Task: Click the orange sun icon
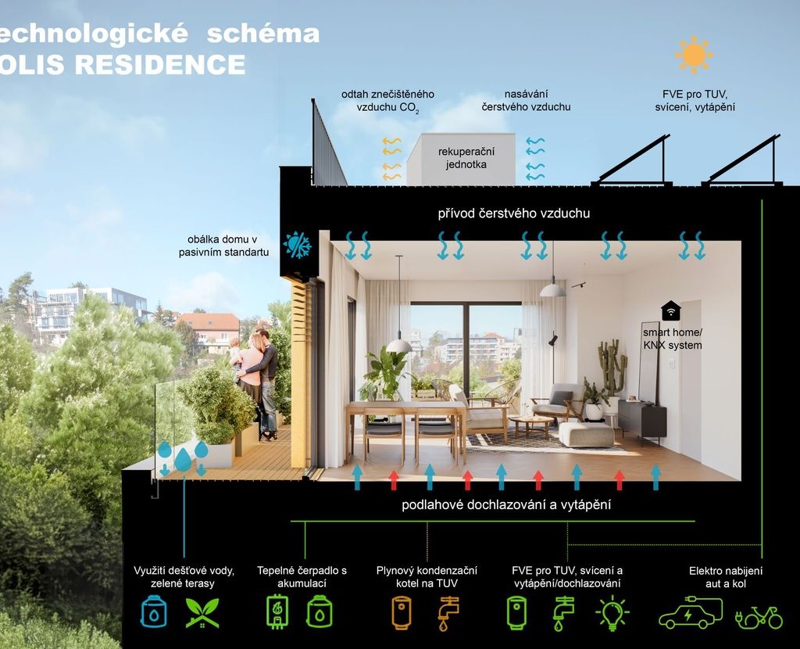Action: click(693, 54)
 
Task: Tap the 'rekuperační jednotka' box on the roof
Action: click(462, 158)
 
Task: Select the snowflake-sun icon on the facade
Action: click(298, 245)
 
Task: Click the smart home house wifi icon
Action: click(670, 310)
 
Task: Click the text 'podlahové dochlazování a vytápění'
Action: click(506, 505)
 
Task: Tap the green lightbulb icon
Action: click(612, 613)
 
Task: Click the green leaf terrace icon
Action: click(202, 613)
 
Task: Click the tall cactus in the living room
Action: click(612, 368)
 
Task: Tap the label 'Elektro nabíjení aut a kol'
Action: click(725, 577)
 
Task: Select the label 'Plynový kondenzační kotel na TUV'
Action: click(427, 577)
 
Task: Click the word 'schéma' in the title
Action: click(266, 34)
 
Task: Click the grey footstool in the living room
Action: click(586, 434)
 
